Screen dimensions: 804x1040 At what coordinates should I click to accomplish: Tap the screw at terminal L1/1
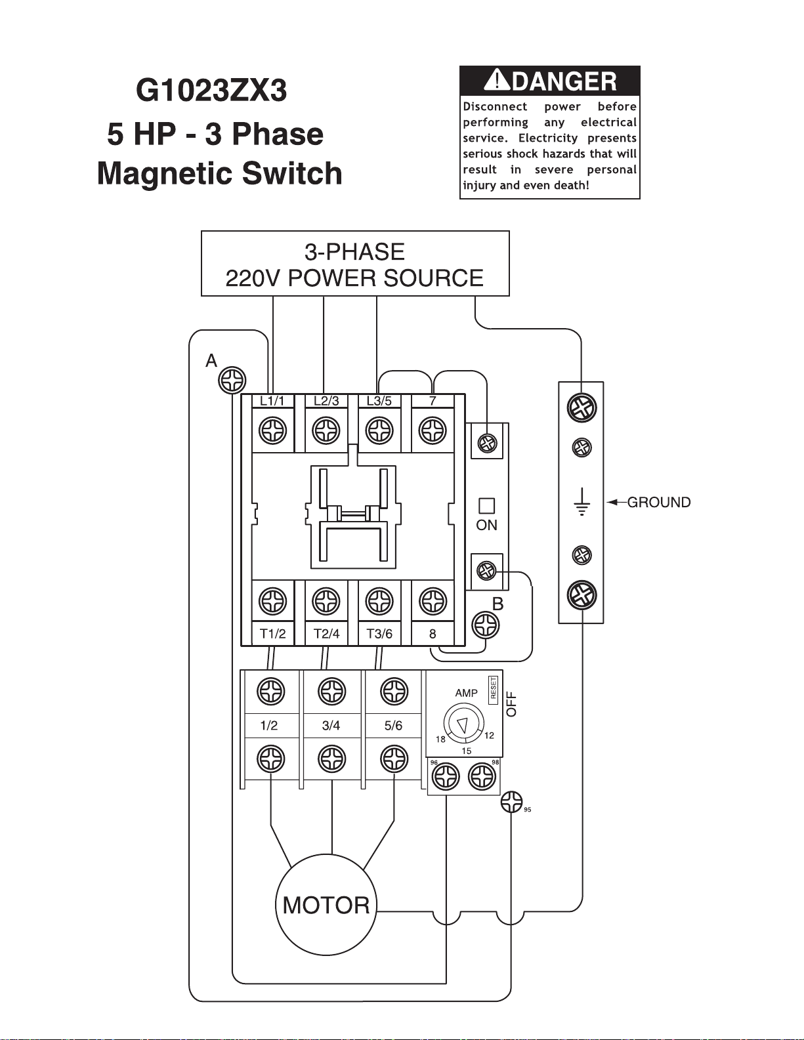click(273, 430)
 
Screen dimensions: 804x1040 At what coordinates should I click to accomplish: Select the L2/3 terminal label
click(326, 401)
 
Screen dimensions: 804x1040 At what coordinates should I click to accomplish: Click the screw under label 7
click(433, 430)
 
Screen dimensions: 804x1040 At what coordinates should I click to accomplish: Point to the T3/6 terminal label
click(379, 634)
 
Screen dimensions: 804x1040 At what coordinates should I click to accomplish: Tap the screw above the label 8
click(433, 600)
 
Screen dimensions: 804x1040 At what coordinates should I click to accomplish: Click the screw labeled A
click(232, 381)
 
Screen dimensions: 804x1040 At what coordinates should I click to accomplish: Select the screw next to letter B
click(485, 625)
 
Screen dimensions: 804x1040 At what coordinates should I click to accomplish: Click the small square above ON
click(487, 506)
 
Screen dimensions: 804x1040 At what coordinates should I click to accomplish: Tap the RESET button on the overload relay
click(494, 690)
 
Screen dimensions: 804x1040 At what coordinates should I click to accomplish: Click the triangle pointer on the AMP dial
click(463, 725)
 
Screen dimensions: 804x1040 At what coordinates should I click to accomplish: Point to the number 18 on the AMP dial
click(440, 739)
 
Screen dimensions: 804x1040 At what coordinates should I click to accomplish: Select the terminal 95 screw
click(511, 802)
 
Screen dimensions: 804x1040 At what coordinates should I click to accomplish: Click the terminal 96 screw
click(446, 776)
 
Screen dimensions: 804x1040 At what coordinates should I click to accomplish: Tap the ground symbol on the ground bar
click(582, 501)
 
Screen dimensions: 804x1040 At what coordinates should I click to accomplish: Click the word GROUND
click(659, 502)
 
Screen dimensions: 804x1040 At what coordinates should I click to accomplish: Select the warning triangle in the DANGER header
click(497, 79)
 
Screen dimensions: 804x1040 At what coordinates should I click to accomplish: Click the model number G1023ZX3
click(211, 91)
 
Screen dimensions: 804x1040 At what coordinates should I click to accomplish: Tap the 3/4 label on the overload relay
click(331, 726)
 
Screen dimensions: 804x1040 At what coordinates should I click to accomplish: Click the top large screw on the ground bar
click(582, 407)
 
